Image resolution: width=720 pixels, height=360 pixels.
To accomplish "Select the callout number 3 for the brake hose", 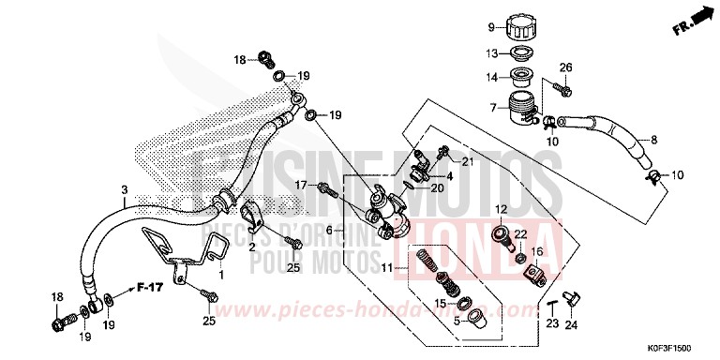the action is (125, 189).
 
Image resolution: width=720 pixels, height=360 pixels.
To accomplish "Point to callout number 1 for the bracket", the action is (222, 275).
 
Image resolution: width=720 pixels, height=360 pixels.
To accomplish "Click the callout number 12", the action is (502, 209).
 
